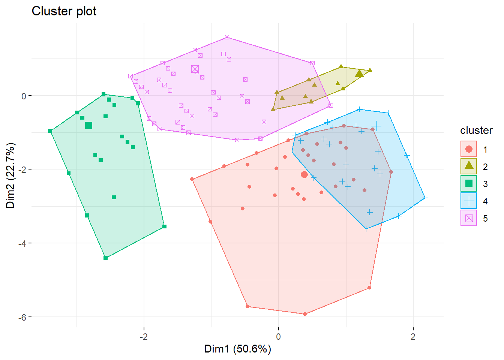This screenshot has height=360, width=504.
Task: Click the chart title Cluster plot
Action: [x=64, y=11]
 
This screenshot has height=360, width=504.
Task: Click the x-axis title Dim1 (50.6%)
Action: [x=237, y=349]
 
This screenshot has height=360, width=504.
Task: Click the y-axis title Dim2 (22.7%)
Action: [x=10, y=175]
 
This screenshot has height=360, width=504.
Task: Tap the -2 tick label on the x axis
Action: [x=144, y=336]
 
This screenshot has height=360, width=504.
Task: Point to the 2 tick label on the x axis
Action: [x=413, y=336]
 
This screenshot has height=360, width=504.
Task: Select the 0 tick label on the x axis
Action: [x=278, y=336]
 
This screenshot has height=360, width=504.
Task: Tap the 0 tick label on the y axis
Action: [x=24, y=96]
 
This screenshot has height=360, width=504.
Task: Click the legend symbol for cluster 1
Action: [x=469, y=149]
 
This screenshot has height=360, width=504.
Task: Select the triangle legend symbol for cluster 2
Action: [x=469, y=166]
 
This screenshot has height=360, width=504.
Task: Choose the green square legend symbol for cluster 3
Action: [x=469, y=183]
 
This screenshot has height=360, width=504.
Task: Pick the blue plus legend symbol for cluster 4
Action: [x=469, y=201]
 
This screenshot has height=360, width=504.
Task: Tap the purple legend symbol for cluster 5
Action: [x=469, y=218]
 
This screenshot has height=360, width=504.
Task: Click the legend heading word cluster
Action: [x=476, y=130]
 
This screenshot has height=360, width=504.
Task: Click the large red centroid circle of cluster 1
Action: [x=304, y=175]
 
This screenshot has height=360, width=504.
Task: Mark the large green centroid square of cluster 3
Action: [x=88, y=125]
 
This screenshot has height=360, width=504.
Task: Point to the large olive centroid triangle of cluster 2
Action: [x=359, y=73]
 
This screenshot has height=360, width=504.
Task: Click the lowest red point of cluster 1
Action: [x=305, y=314]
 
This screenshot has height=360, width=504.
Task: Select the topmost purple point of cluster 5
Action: [x=227, y=37]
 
